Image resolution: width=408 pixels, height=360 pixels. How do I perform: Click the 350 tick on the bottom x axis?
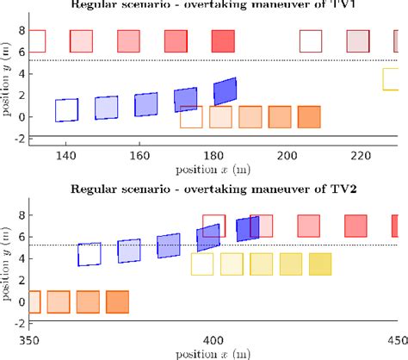(30, 339)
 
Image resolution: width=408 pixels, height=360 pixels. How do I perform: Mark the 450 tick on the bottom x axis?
(393, 339)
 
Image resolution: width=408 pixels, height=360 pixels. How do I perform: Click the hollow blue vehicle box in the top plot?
(66, 110)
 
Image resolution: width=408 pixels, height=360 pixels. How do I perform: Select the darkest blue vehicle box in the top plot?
(226, 90)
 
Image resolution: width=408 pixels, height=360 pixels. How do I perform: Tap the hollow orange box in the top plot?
(191, 117)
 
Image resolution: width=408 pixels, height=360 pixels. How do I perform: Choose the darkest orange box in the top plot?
(309, 117)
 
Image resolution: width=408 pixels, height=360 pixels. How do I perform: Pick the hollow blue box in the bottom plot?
(90, 255)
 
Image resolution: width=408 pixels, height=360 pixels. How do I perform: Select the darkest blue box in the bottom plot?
(248, 229)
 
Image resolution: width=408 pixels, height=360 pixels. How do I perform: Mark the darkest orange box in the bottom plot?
(117, 301)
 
